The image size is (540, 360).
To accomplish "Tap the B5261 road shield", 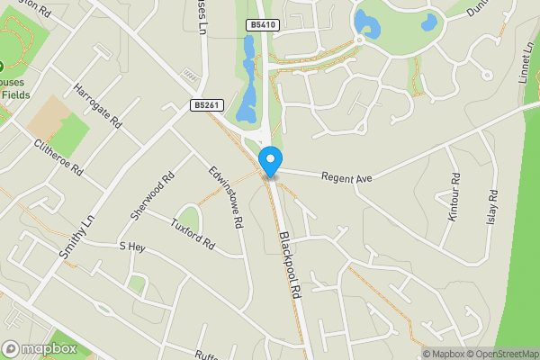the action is click(204, 105).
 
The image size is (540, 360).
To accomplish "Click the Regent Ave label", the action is click(346, 178).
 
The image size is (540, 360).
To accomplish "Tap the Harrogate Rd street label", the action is click(98, 107).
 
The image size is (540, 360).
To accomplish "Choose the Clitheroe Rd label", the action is click(58, 157).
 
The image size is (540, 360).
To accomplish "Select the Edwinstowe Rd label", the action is click(226, 195).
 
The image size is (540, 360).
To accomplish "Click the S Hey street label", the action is click(131, 246).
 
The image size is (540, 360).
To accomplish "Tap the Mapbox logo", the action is click(38, 348).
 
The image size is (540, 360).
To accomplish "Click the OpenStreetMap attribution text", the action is click(499, 354).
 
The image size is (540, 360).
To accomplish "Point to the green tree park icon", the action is click(3, 67).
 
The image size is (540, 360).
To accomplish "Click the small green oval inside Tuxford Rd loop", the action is click(189, 219).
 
